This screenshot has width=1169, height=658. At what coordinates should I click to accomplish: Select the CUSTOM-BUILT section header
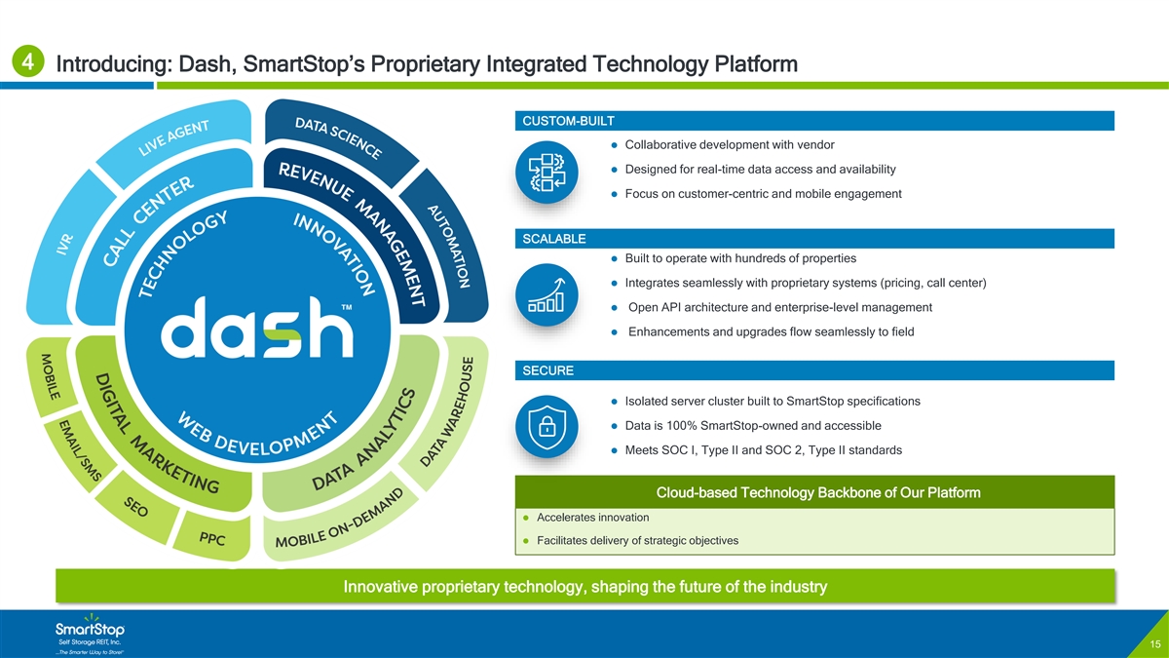(569, 121)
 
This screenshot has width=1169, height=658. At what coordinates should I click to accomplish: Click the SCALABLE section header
(554, 239)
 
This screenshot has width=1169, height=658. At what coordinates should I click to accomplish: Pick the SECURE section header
(548, 370)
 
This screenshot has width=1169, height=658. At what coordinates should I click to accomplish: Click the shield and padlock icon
(547, 426)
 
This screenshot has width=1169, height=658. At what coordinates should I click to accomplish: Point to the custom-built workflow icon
(547, 172)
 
